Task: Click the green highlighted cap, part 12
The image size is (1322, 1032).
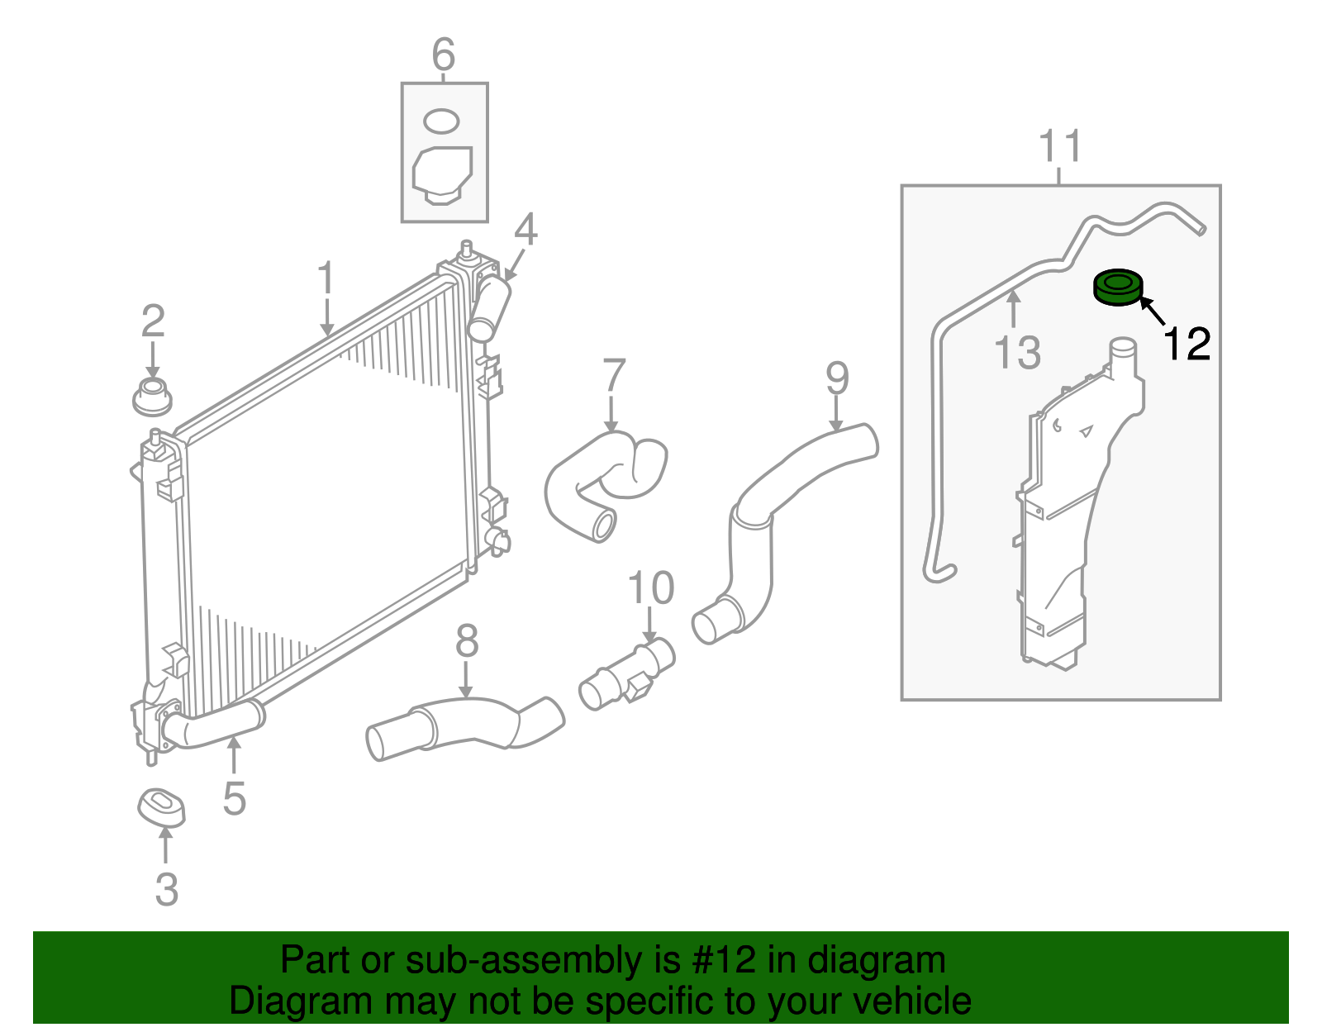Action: click(x=1117, y=288)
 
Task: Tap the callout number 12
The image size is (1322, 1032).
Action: click(x=1187, y=344)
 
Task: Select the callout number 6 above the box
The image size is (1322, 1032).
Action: click(x=444, y=55)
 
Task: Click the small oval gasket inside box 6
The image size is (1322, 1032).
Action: click(x=441, y=121)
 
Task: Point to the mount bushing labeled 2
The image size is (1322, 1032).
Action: click(x=152, y=397)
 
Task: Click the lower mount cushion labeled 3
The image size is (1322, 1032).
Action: click(x=161, y=807)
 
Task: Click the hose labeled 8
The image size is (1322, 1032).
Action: click(x=463, y=725)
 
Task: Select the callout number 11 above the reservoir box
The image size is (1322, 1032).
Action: click(x=1060, y=146)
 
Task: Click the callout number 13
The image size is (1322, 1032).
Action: click(x=1017, y=354)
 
